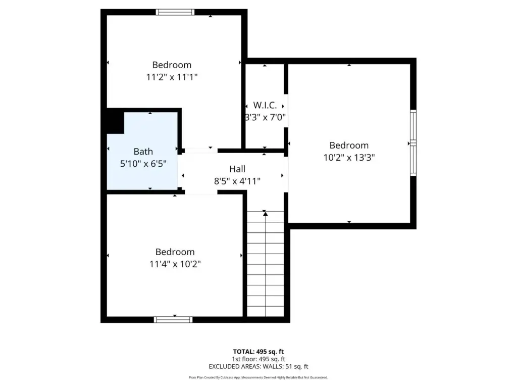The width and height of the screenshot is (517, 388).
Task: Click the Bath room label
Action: click(x=143, y=152)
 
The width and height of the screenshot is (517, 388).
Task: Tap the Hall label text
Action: click(x=237, y=169)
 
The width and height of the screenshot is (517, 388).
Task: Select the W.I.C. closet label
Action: click(x=265, y=105)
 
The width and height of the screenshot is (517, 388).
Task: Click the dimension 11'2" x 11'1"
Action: click(x=172, y=77)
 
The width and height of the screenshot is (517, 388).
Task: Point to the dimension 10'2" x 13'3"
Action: click(x=349, y=158)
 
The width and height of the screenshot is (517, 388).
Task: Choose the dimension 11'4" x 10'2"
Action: click(x=175, y=264)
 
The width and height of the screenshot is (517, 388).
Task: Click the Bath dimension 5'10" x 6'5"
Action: click(x=143, y=163)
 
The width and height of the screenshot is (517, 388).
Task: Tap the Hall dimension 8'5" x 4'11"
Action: click(x=237, y=181)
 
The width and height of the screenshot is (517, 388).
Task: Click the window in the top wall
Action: click(x=175, y=12)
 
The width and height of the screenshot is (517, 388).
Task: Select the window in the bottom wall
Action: click(x=173, y=320)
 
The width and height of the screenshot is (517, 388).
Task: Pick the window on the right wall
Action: click(x=413, y=143)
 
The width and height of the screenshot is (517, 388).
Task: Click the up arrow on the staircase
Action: click(x=266, y=214)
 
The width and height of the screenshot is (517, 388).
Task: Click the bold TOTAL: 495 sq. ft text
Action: click(x=258, y=352)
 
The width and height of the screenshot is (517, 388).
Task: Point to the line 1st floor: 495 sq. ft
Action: click(x=258, y=359)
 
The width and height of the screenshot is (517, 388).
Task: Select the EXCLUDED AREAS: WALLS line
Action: click(x=258, y=367)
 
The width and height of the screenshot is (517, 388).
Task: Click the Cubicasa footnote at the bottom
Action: click(x=258, y=377)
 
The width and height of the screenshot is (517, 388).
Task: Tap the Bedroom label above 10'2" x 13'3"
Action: click(x=349, y=145)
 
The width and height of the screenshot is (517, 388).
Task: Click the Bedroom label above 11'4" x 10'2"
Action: click(x=175, y=252)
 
